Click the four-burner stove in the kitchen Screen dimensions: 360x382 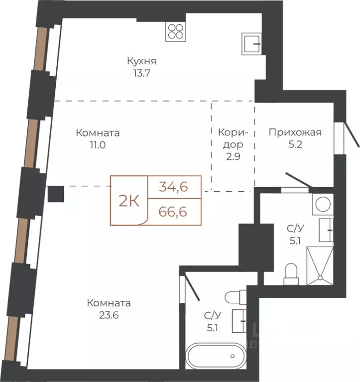pyautogui.click(x=176, y=31)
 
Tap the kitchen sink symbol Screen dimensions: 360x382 pyautogui.click(x=251, y=44)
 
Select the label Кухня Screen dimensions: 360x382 pyautogui.click(x=142, y=61)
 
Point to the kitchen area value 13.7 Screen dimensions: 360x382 pyautogui.click(x=142, y=73)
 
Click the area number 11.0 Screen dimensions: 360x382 pyautogui.click(x=98, y=145)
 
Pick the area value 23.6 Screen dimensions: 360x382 pyautogui.click(x=109, y=315)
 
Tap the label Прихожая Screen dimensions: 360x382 pyautogui.click(x=295, y=132)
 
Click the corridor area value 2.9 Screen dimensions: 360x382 pyautogui.click(x=233, y=156)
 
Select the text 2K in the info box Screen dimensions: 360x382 pyautogui.click(x=129, y=201)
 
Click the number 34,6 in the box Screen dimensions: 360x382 pyautogui.click(x=173, y=187)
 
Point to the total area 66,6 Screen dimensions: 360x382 pyautogui.click(x=173, y=212)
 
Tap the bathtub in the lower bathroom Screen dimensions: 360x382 pyautogui.click(x=216, y=356)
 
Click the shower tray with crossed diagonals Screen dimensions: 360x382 pyautogui.click(x=320, y=265)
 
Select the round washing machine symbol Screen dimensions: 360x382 pyautogui.click(x=323, y=204)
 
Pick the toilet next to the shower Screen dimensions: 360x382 pyautogui.click(x=291, y=274)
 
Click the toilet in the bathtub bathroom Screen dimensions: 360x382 pyautogui.click(x=236, y=296)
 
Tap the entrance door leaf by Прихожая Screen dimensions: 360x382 pyautogui.click(x=351, y=134)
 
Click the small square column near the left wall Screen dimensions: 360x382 pyautogui.click(x=56, y=194)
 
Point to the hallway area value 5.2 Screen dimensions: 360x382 pyautogui.click(x=295, y=144)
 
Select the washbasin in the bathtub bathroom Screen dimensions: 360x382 pyautogui.click(x=239, y=321)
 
